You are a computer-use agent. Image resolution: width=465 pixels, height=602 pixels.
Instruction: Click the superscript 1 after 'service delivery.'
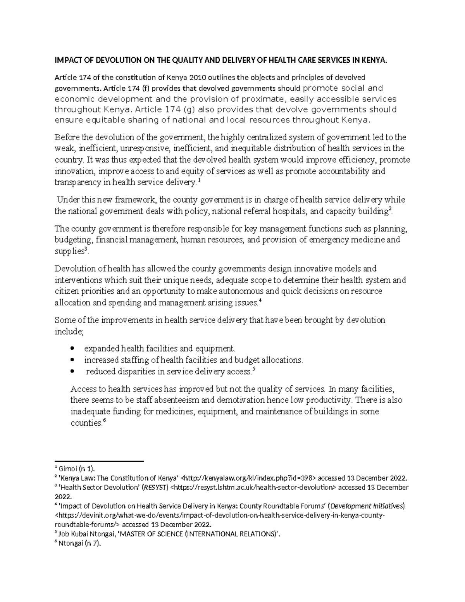[199, 180]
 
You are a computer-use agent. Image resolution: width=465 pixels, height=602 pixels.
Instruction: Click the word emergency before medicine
[329, 240]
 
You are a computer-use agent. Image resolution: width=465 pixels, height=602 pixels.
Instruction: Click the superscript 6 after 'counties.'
[104, 421]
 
